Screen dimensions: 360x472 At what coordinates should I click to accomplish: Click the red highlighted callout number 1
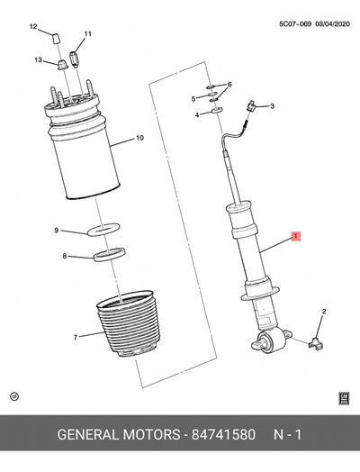point(295,236)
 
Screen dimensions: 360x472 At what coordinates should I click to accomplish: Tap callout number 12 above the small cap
point(33,26)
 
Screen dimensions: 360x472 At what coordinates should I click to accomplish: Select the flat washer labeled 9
point(103,230)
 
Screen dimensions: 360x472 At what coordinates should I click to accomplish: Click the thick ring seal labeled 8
point(109,254)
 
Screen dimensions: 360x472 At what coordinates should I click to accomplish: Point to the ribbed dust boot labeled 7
point(129,323)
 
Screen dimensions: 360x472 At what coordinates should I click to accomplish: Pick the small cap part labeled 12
point(56,39)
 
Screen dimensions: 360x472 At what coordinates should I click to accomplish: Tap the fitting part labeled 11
point(75,58)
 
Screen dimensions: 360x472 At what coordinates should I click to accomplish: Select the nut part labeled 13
point(63,65)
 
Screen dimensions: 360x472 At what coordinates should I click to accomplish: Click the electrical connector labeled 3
point(251,106)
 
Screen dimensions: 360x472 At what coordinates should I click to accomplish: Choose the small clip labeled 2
point(316,343)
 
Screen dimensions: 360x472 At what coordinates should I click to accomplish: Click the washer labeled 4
point(217,110)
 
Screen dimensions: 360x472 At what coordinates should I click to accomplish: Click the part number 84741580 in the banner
point(223,435)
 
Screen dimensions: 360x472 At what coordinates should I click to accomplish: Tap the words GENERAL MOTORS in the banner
point(119,435)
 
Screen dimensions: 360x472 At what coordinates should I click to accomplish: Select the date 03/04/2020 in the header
point(332,24)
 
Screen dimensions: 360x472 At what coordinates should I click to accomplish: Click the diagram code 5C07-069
point(295,24)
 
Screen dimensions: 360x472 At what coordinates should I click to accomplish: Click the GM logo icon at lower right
point(344,398)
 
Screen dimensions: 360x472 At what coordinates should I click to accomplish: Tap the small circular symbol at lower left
point(14,396)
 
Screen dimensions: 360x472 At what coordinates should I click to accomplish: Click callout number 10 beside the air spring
point(139,138)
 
